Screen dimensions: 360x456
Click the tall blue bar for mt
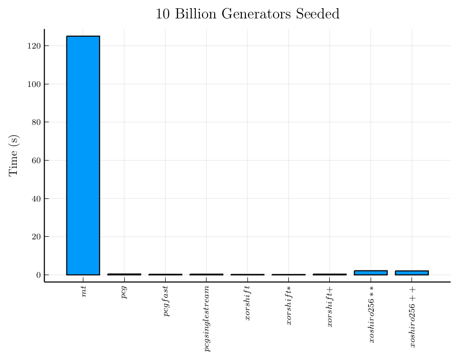click(83, 155)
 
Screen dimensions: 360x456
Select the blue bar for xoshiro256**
click(371, 273)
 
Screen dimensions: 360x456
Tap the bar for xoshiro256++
click(412, 273)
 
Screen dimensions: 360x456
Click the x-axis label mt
click(83, 292)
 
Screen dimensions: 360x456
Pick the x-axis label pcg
click(124, 293)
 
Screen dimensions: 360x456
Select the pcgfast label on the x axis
click(166, 302)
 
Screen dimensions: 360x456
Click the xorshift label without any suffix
click(247, 305)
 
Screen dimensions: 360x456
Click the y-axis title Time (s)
click(14, 155)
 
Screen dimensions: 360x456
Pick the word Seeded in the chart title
click(318, 14)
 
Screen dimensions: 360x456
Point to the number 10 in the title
click(163, 14)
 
